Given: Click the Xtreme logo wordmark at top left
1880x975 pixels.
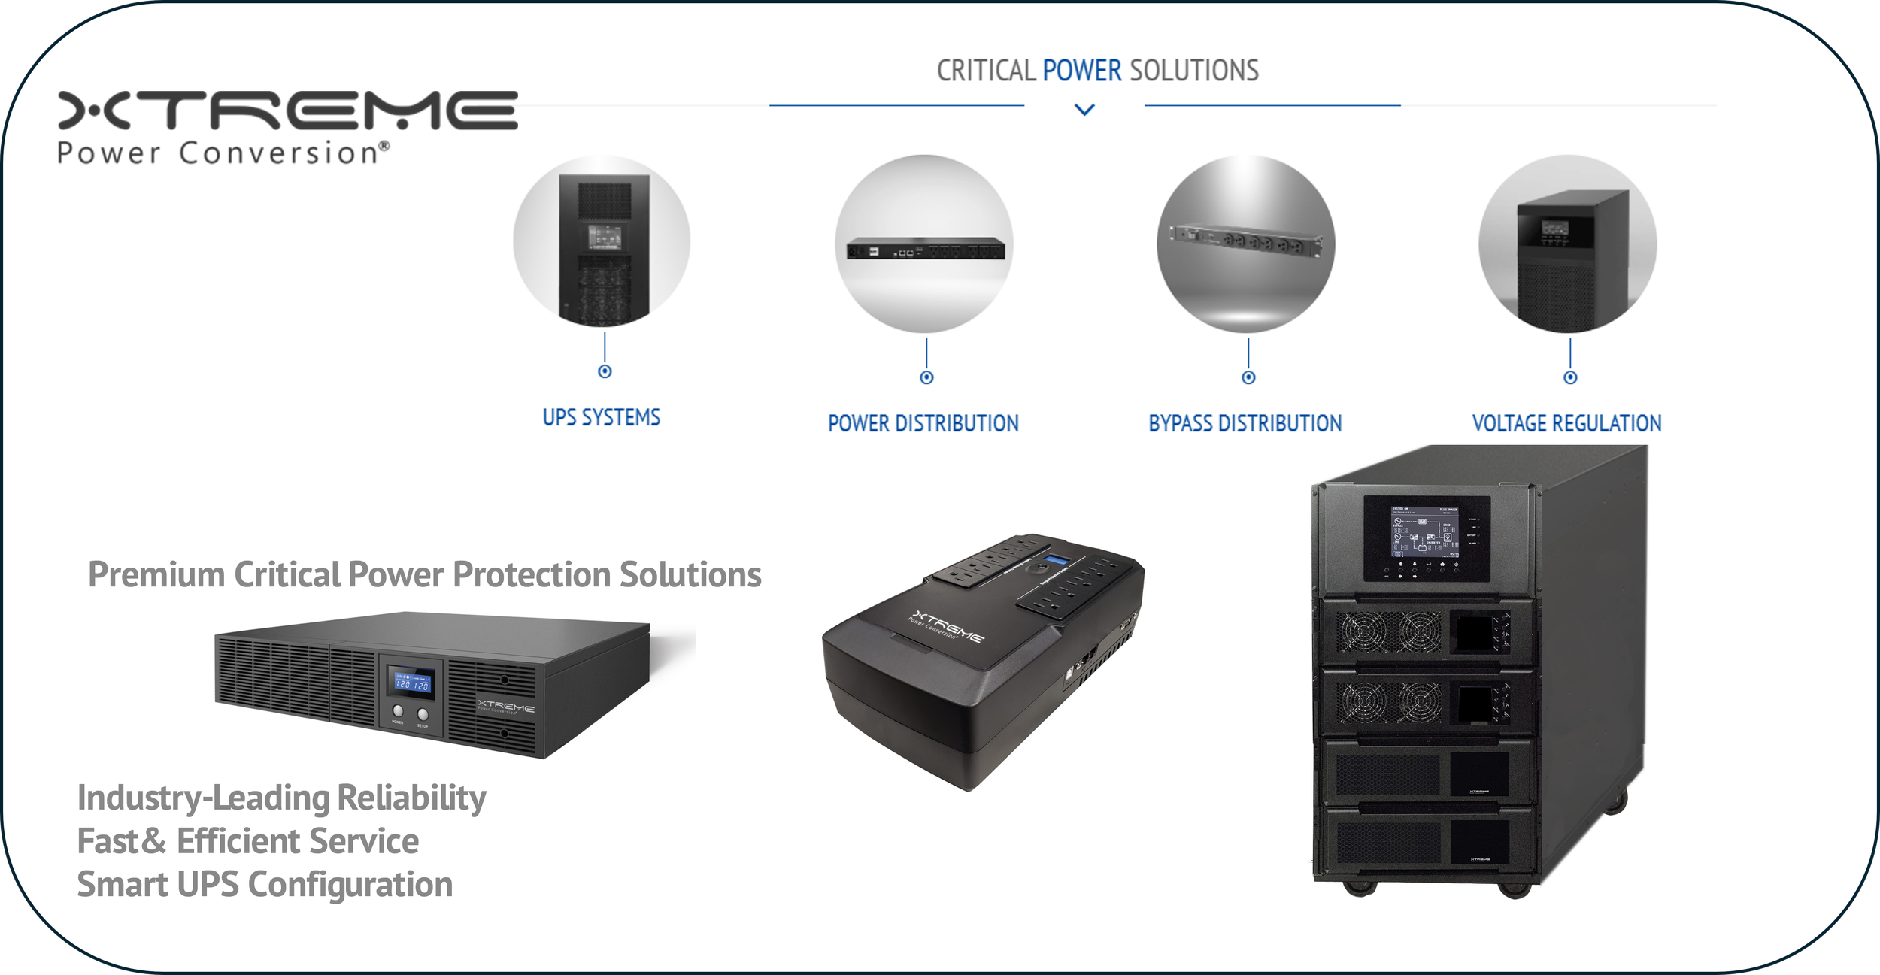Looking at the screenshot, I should click(x=287, y=111).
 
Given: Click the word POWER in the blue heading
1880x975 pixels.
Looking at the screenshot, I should click(x=1081, y=71).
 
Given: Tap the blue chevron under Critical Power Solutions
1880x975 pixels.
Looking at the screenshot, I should click(x=1084, y=110).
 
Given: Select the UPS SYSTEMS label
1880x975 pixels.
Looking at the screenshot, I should click(x=602, y=417).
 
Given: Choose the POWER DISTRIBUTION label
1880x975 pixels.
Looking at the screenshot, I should click(x=923, y=423).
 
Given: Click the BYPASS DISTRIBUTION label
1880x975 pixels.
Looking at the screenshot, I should click(x=1245, y=423).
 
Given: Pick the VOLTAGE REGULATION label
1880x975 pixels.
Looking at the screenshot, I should click(x=1566, y=423).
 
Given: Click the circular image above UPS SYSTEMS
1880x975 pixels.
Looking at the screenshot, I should click(x=602, y=241).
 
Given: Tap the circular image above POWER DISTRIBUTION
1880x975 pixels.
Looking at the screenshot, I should click(x=924, y=244).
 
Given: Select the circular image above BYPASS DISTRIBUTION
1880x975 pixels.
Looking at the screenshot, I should click(x=1246, y=244).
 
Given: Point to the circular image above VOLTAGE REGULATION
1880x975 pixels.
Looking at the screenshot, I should click(x=1568, y=244).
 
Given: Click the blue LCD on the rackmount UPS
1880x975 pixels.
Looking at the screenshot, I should click(x=412, y=682).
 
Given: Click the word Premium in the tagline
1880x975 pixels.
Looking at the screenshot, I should click(x=156, y=575).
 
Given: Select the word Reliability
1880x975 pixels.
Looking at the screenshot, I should click(x=411, y=798).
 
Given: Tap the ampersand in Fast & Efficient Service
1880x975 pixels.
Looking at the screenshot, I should click(x=153, y=841).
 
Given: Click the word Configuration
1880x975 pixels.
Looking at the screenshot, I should click(x=350, y=885).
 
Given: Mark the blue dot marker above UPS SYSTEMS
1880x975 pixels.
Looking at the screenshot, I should click(x=605, y=371).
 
